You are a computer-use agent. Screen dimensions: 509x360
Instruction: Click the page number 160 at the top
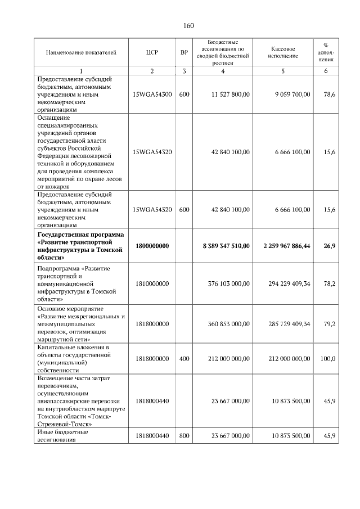tap(188, 26)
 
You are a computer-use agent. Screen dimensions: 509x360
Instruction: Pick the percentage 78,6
tap(330, 94)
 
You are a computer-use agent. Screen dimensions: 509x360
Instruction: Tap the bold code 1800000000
tap(152, 246)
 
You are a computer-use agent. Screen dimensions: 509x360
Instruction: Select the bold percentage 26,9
tap(329, 246)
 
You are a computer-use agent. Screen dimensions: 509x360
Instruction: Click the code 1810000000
tap(152, 284)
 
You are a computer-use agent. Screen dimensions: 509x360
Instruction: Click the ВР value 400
tap(184, 358)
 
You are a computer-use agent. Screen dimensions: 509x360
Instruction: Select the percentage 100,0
tap(328, 358)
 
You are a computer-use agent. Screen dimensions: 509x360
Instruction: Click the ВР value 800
tap(184, 436)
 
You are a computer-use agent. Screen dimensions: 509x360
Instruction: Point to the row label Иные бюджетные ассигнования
tap(63, 436)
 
